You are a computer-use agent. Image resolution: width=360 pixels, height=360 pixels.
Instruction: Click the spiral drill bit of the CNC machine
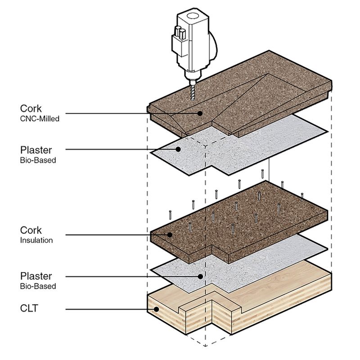[x=193, y=92]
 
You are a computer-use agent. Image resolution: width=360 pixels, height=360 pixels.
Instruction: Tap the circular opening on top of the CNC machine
[x=193, y=16]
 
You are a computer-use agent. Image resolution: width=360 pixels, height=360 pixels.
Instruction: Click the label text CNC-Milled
[x=40, y=119]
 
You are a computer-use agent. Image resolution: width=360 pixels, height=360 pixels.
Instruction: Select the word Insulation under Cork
[x=36, y=240]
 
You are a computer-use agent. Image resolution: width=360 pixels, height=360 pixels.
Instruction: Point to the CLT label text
[x=29, y=308]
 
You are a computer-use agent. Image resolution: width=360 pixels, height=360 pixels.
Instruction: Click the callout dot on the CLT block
[x=156, y=309]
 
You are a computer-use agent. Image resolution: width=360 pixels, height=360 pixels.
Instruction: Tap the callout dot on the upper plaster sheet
[x=178, y=149]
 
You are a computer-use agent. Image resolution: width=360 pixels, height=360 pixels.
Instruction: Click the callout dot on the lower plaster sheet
[x=200, y=276]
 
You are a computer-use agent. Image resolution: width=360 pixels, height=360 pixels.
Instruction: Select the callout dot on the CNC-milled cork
[x=200, y=113]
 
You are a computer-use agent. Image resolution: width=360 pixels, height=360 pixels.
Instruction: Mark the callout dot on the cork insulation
[x=170, y=234]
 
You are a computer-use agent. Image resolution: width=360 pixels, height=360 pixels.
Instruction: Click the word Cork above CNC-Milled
[x=31, y=108]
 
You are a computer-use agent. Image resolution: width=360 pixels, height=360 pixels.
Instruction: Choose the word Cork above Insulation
[x=31, y=230]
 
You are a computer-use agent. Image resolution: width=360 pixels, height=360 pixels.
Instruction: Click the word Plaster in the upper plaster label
[x=36, y=150]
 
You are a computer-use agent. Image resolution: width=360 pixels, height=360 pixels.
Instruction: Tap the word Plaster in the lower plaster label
[x=36, y=276]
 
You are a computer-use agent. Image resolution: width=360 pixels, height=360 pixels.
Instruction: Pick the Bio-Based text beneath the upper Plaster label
[x=38, y=160]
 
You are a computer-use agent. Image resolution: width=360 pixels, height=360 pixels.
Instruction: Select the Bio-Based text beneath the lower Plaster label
[x=38, y=286]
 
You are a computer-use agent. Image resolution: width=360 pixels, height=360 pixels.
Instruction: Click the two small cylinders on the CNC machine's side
[x=180, y=32]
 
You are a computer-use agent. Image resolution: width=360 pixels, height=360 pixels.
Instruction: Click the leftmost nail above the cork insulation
[x=170, y=215]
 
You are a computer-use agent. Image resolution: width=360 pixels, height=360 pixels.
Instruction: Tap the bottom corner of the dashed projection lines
[x=206, y=346]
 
